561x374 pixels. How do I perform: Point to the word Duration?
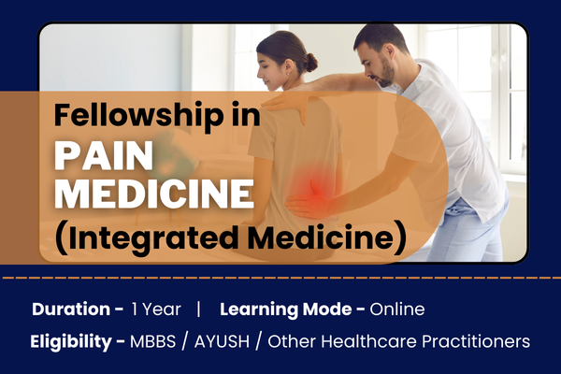tap(72, 309)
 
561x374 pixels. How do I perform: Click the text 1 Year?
tap(151, 309)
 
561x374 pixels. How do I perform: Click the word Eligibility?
tap(72, 341)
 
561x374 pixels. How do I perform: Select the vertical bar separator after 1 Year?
tap(199, 309)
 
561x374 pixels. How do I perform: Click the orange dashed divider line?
tap(280, 278)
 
